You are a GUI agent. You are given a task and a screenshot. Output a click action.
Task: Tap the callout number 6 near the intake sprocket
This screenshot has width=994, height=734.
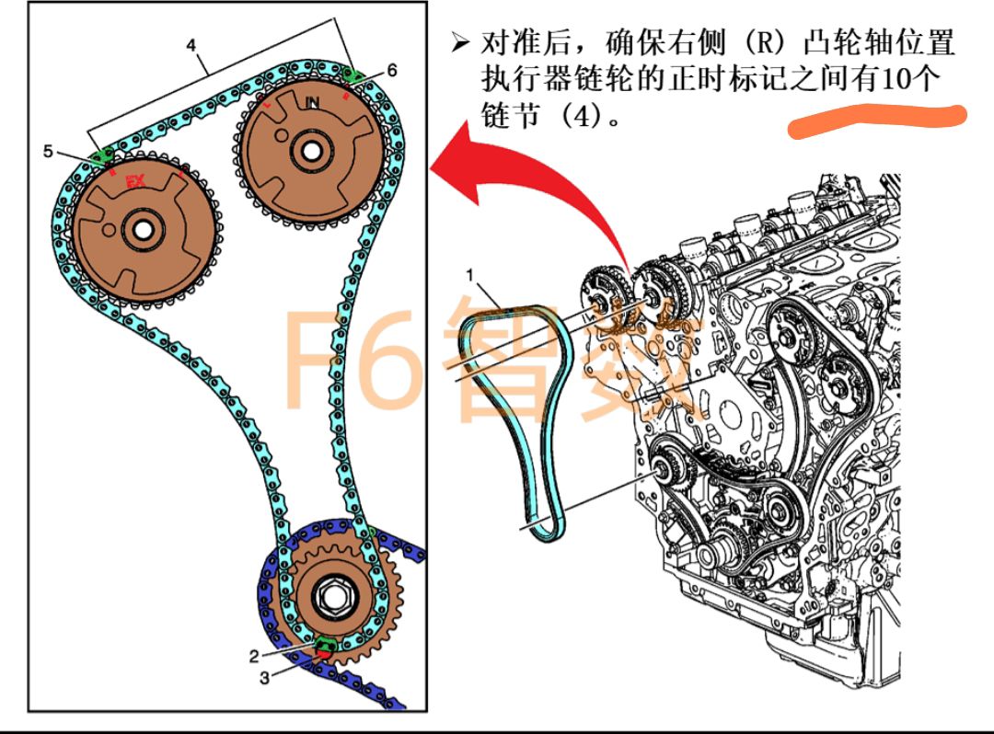pos(392,70)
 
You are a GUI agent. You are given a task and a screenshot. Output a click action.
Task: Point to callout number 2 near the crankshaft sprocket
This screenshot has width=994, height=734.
pos(253,656)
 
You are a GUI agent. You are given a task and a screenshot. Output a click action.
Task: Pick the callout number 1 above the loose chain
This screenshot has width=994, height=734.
pos(469,275)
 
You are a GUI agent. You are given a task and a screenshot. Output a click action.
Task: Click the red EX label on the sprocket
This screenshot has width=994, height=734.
pos(135,181)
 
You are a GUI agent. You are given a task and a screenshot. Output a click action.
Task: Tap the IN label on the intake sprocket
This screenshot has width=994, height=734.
pos(313,103)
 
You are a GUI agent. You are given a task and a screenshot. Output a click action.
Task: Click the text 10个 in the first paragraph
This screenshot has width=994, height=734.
pos(910,79)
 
